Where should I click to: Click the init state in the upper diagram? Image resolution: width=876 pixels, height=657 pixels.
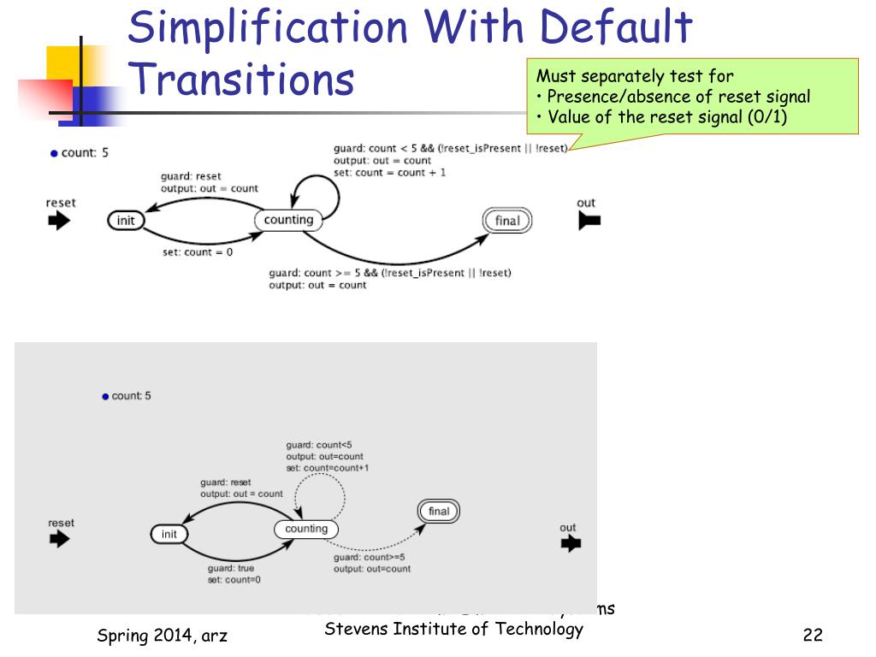126,221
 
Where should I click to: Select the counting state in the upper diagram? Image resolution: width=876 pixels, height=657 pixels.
288,220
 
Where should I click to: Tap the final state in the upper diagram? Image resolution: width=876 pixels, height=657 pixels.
507,221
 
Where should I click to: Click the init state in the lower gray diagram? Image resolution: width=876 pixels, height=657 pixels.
169,534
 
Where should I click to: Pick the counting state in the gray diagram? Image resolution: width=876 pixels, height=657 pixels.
306,529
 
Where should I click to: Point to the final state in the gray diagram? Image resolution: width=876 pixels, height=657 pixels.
439,512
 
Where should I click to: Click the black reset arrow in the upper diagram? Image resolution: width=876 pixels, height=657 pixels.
59,221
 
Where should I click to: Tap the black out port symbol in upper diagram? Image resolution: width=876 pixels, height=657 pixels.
589,221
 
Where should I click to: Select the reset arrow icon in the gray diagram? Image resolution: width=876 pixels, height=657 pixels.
59,539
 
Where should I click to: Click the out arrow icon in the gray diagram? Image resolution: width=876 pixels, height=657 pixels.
571,543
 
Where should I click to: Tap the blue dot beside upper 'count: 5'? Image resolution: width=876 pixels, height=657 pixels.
54,154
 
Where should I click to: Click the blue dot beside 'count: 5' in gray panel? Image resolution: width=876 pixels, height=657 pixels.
105,396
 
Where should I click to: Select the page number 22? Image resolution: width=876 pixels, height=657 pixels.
813,635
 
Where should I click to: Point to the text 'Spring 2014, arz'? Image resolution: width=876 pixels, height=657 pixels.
162,635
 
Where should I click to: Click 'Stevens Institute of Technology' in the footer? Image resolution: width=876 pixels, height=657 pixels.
454,630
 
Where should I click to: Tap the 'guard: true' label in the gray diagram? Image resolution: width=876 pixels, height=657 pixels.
231,568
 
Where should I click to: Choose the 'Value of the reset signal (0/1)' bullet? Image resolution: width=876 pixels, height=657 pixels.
667,117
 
